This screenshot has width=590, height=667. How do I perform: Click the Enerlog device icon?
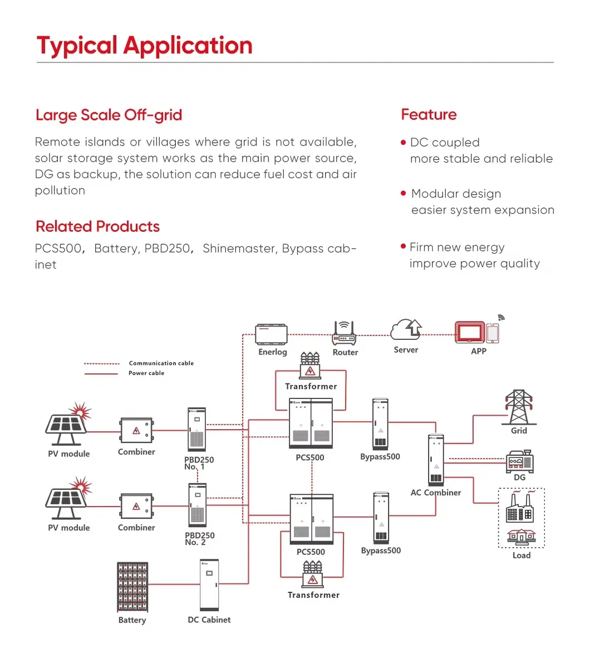click(271, 334)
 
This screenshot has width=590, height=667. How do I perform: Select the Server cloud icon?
click(406, 330)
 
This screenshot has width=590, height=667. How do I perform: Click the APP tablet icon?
click(470, 333)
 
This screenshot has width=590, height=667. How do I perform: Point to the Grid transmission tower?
click(518, 407)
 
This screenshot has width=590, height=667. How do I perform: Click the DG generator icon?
click(519, 461)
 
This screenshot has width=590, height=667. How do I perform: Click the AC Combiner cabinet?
click(436, 460)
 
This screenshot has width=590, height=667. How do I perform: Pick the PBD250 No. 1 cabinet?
click(196, 430)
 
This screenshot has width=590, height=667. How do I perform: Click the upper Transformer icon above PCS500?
click(310, 366)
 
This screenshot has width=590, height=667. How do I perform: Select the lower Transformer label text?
click(313, 595)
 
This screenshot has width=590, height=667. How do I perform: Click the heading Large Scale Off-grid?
click(109, 115)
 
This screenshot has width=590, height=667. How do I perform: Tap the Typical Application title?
click(145, 46)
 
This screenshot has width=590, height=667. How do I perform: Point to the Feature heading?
click(429, 115)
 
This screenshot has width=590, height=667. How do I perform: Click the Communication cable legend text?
click(161, 363)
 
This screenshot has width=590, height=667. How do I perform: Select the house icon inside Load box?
click(522, 537)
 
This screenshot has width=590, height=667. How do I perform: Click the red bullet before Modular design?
click(404, 193)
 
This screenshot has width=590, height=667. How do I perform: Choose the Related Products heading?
click(98, 227)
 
